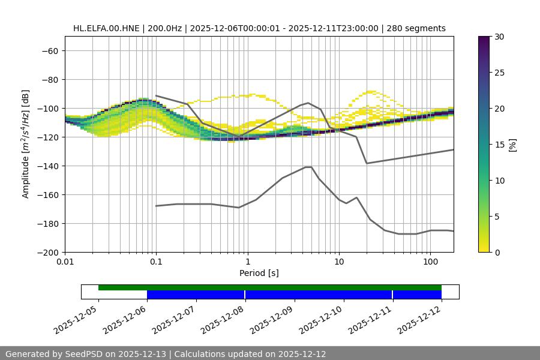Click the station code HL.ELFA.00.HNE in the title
tap(106, 28)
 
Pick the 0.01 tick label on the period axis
tap(65, 262)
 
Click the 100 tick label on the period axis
tap(430, 262)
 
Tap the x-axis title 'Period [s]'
tap(259, 273)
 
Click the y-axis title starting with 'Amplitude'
tap(26, 144)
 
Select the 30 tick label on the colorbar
tap(499, 37)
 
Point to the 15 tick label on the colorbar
tap(499, 145)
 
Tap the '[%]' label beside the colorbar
tap(512, 145)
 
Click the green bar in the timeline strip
tap(270, 287)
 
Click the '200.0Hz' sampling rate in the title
tap(163, 28)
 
